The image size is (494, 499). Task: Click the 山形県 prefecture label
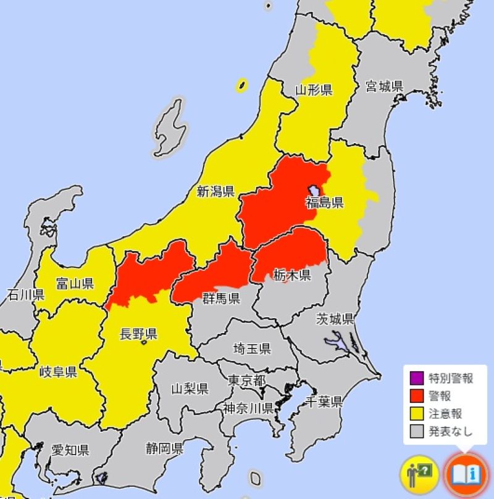click(x=313, y=90)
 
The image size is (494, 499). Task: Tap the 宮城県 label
click(x=384, y=86)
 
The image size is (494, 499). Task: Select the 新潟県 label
click(x=216, y=191)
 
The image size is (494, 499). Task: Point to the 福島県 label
click(x=324, y=203)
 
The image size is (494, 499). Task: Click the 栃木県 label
click(x=292, y=275)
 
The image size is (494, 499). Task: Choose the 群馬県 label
click(x=221, y=299)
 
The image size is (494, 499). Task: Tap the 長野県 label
click(x=138, y=334)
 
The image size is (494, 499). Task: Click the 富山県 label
click(x=75, y=284)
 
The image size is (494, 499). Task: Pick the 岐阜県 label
click(x=57, y=371)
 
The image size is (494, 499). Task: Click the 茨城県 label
click(x=335, y=319)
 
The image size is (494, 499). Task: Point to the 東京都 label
click(x=246, y=379)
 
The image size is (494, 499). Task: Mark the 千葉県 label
click(x=324, y=402)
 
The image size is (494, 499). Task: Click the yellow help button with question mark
click(x=419, y=474)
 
